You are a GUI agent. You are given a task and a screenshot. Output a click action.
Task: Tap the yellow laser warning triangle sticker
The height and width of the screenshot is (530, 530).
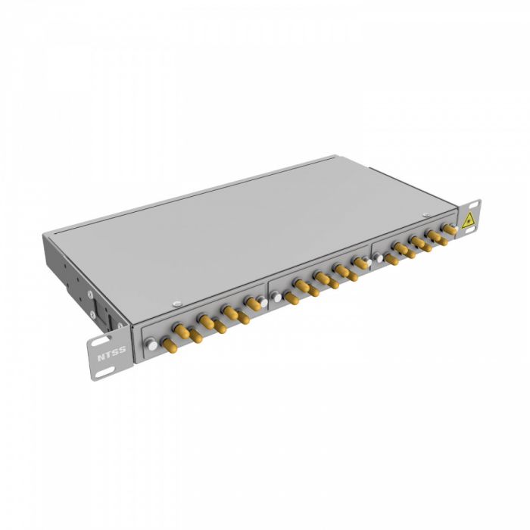point(469,220)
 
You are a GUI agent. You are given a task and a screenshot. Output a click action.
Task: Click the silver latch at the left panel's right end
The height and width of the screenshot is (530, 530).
point(262,302)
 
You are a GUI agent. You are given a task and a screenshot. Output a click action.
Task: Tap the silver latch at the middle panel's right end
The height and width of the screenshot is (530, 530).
point(366,261)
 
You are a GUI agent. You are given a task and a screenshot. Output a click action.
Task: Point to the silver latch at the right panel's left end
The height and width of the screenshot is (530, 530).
point(378,257)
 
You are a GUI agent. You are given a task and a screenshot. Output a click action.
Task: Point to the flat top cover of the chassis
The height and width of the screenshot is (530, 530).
point(250,227)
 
